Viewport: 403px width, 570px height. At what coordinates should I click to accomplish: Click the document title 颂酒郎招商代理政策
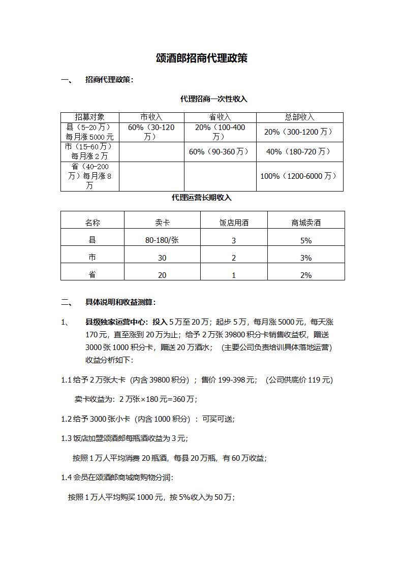click(202, 58)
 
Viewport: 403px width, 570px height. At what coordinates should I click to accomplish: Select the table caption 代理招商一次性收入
click(213, 99)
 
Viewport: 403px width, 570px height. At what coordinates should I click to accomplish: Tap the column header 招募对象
click(89, 117)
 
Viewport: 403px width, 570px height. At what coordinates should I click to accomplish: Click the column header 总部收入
click(299, 117)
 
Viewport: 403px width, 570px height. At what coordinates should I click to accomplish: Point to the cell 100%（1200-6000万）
click(299, 176)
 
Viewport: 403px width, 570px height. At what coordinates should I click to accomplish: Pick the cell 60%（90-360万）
click(220, 152)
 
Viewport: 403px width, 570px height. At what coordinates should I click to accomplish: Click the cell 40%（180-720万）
click(299, 152)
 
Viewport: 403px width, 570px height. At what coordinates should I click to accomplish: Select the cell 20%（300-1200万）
click(299, 132)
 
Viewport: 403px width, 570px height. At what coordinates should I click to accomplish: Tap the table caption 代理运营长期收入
click(201, 198)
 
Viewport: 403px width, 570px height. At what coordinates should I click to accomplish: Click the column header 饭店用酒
click(234, 223)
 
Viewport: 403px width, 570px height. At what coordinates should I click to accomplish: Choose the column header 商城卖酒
click(306, 223)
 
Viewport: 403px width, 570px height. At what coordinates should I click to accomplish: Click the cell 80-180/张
click(162, 240)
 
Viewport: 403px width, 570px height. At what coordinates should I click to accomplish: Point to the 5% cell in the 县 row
click(305, 241)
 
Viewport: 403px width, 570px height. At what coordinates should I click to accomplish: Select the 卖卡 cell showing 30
click(162, 258)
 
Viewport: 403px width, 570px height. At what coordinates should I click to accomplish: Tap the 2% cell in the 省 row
click(305, 275)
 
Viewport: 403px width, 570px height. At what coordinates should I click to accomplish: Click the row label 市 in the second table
click(92, 258)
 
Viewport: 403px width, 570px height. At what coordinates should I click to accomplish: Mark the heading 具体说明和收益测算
click(120, 302)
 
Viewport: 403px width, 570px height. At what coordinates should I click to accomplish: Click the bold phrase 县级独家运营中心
click(117, 322)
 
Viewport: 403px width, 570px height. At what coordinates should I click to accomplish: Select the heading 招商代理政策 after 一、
click(109, 80)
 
